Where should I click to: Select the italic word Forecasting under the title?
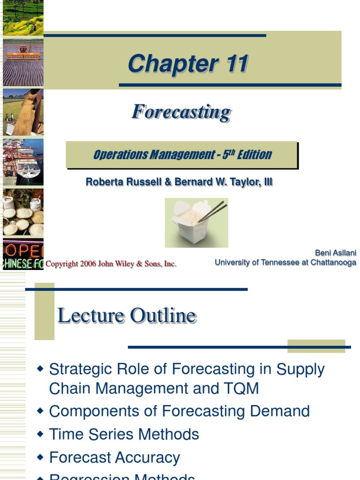(181, 112)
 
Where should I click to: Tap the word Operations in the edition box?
(120, 155)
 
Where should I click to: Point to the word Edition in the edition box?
(254, 155)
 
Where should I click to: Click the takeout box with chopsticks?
(196, 222)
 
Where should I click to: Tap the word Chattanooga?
(333, 262)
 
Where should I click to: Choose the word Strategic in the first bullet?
(78, 369)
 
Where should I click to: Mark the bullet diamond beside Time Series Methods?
(40, 434)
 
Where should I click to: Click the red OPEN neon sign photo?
(23, 254)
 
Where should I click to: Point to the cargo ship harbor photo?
(23, 162)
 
